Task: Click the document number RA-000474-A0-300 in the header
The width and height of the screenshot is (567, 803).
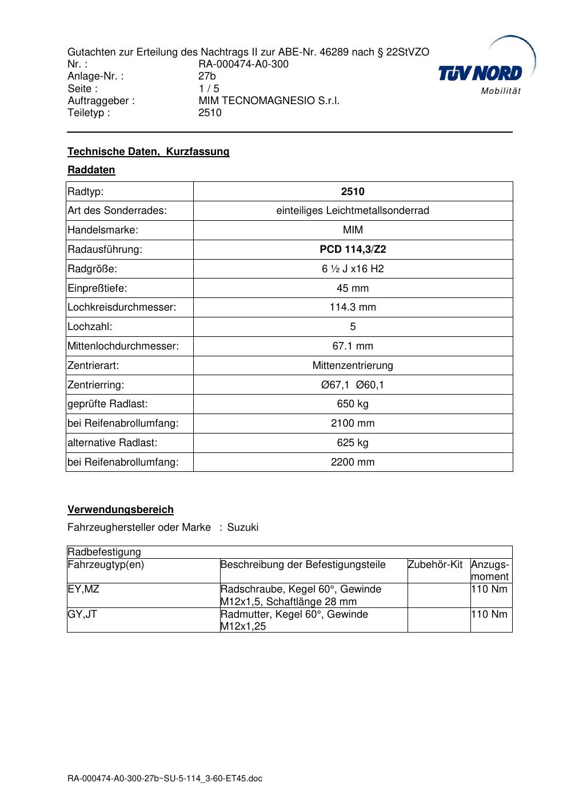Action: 243,64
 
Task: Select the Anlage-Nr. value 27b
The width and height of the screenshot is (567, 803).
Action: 207,76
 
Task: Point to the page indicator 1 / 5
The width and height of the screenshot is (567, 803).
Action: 209,89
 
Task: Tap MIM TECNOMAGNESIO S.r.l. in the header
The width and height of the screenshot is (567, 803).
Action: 269,101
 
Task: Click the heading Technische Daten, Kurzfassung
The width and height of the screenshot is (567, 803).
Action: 148,152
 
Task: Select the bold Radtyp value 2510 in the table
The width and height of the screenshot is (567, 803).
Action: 353,192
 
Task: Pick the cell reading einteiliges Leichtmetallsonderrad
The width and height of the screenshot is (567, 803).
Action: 353,210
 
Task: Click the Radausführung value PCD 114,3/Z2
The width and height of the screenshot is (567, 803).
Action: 353,249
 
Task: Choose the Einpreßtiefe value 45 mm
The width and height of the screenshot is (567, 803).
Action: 353,288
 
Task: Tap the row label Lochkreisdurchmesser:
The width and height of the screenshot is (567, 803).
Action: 122,307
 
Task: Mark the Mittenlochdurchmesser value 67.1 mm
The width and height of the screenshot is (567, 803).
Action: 353,346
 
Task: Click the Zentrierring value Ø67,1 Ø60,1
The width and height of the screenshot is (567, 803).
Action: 353,385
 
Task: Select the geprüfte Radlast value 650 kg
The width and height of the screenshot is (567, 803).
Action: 353,404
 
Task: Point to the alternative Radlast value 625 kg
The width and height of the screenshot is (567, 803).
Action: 353,443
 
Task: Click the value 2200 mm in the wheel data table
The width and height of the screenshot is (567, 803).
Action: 353,462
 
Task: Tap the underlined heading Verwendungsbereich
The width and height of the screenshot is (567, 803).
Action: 121,510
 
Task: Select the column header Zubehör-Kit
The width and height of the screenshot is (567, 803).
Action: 435,565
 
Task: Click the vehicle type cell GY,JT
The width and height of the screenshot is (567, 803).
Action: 82,614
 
